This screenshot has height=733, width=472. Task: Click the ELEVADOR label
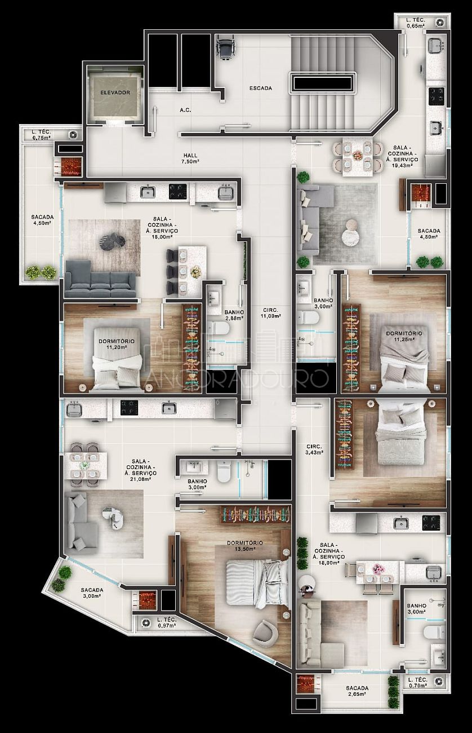(x=115, y=92)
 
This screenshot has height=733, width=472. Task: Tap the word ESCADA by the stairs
(x=261, y=88)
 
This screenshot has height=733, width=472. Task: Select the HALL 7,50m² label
(x=190, y=158)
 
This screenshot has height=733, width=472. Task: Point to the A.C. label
(x=185, y=110)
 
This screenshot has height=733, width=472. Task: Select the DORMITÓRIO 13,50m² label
(x=245, y=545)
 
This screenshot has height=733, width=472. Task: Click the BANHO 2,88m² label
(x=234, y=315)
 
